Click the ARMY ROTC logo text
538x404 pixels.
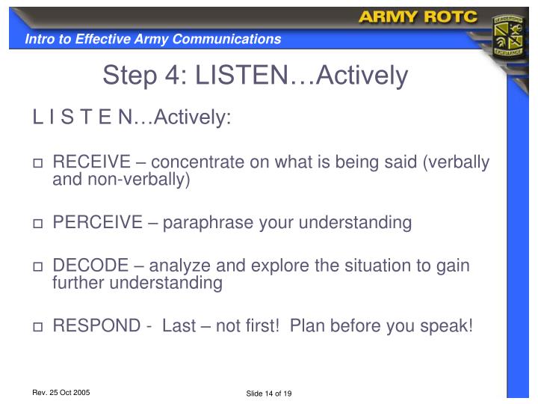418,17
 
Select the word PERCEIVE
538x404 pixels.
97,222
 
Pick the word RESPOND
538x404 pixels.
96,326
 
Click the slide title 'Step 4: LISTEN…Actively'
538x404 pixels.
256,75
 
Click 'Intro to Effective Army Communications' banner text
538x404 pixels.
152,39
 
